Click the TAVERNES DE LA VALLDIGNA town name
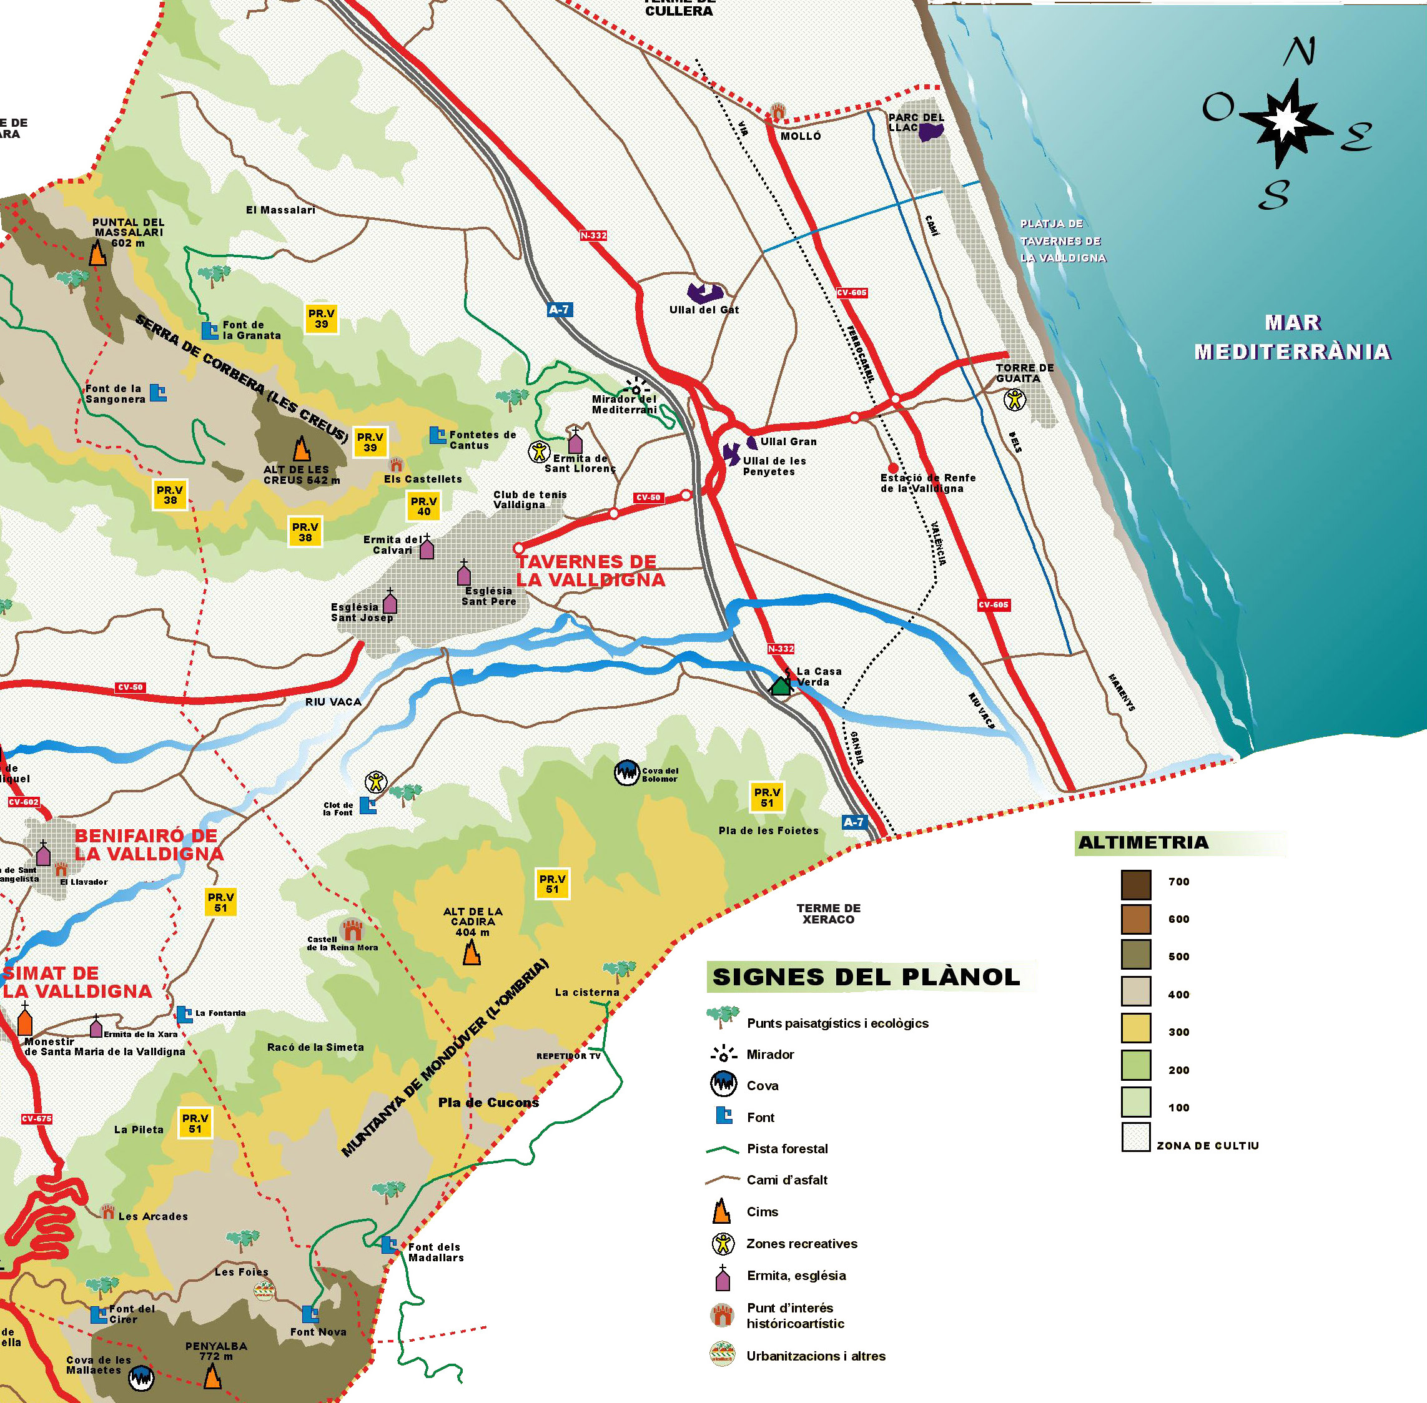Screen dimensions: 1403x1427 pos(590,570)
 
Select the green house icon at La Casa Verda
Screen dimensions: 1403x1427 pos(780,686)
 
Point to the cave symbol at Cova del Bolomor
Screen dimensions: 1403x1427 pos(626,773)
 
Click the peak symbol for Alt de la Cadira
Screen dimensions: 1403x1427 pos(471,953)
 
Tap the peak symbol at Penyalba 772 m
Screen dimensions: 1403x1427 pos(212,1375)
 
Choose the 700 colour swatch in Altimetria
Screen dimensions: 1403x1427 pos(1136,884)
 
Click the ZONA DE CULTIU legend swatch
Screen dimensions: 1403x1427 pos(1136,1137)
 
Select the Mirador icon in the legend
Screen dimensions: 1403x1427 pos(723,1054)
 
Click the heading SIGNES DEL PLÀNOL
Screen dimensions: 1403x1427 pos(866,977)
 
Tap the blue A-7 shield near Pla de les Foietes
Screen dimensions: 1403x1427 pos(853,822)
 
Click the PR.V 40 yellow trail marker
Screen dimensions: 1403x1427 pos(424,506)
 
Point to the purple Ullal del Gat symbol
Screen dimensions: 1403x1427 pos(704,293)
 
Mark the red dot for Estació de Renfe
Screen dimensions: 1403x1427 pos(892,468)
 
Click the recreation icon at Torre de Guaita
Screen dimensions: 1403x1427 pos(1015,400)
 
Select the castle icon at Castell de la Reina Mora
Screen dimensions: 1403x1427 pos(352,929)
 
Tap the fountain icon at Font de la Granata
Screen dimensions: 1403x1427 pos(210,330)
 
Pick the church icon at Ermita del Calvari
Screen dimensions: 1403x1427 pos(427,548)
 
